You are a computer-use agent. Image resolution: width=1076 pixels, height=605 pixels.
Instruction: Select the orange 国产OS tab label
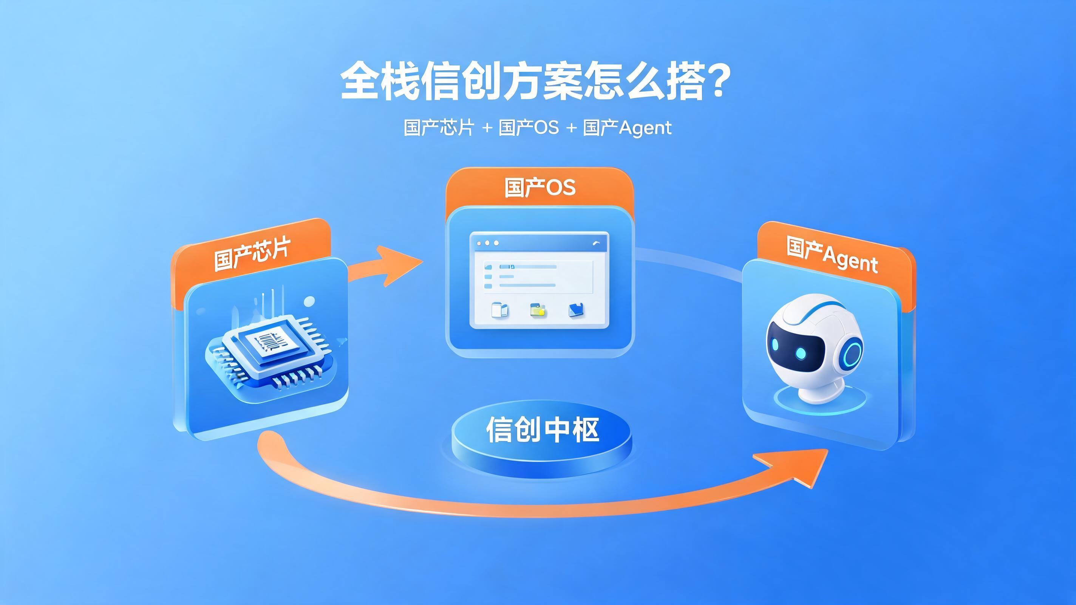(540, 187)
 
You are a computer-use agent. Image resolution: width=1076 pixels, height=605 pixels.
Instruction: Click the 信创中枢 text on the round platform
(542, 430)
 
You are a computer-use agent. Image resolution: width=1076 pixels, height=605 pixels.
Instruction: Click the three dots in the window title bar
(487, 243)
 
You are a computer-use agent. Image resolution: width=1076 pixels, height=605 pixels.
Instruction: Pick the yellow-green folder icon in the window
(538, 310)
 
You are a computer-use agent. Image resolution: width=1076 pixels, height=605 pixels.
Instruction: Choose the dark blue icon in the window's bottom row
(577, 310)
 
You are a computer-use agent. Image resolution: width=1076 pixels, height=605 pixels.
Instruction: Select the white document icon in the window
(499, 310)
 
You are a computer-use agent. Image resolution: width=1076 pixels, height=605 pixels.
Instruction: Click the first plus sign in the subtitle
(487, 127)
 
